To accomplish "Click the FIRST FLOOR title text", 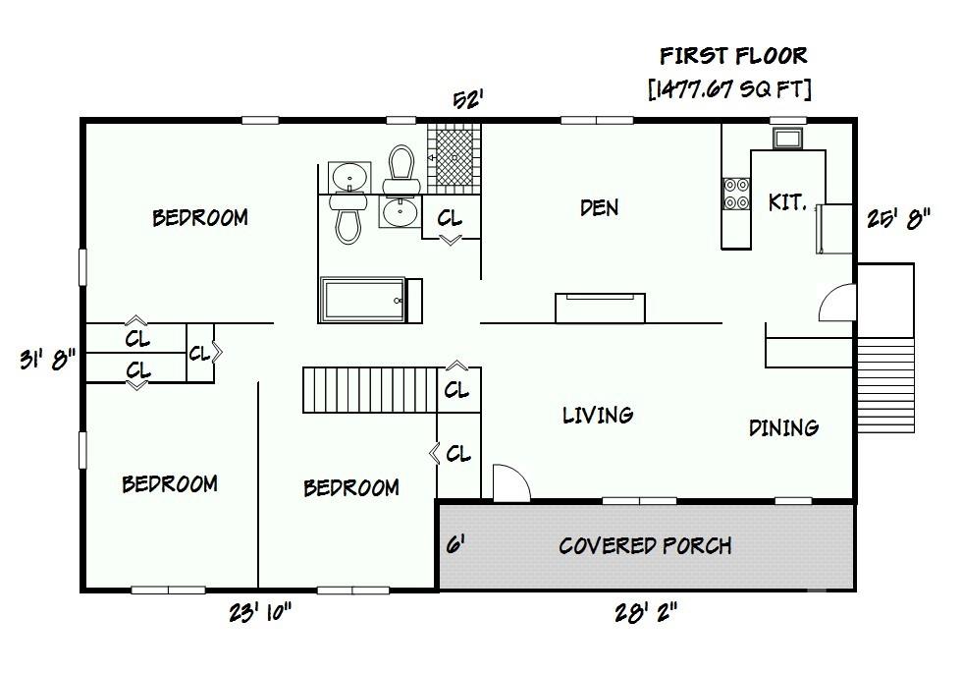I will pyautogui.click(x=732, y=55).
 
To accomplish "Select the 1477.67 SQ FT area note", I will pyautogui.click(x=729, y=90).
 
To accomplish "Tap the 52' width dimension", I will pyautogui.click(x=467, y=100).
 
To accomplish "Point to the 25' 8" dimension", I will pyautogui.click(x=897, y=218).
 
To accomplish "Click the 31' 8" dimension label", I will pyautogui.click(x=46, y=360).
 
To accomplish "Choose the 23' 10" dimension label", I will pyautogui.click(x=260, y=613).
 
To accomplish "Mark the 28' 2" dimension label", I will pyautogui.click(x=645, y=613).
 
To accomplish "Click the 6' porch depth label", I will pyautogui.click(x=454, y=544).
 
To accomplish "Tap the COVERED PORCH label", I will pyautogui.click(x=645, y=545).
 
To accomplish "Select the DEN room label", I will pyautogui.click(x=599, y=207).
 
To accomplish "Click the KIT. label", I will pyautogui.click(x=787, y=202).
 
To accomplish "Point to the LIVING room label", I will pyautogui.click(x=597, y=416).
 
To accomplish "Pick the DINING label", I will pyautogui.click(x=783, y=427).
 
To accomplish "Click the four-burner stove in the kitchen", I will pyautogui.click(x=736, y=194).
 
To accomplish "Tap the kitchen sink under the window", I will pyautogui.click(x=787, y=138).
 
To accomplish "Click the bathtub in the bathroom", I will pyautogui.click(x=362, y=300).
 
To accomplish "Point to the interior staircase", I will pyautogui.click(x=369, y=390).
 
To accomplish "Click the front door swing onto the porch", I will pyautogui.click(x=509, y=483).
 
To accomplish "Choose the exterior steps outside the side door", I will pyautogui.click(x=885, y=378).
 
